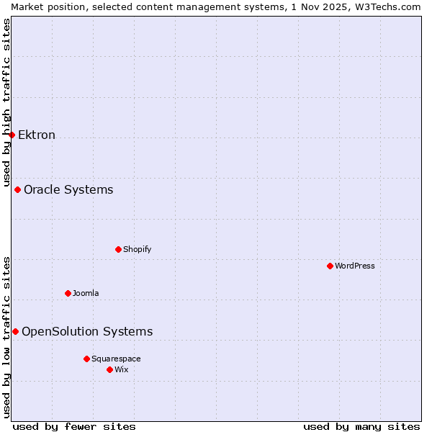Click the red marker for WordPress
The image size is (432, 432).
tap(330, 266)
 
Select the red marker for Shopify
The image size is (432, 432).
tap(118, 249)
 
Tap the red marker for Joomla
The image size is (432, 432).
tap(68, 293)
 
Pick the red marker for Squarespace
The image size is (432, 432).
tap(86, 359)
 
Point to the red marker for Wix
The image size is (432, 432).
tap(109, 369)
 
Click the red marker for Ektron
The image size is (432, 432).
tap(12, 135)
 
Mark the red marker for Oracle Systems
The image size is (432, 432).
tap(17, 189)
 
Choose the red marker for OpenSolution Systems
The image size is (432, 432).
tap(15, 331)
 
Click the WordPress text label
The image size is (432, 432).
tap(355, 266)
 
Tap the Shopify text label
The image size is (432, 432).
tap(137, 249)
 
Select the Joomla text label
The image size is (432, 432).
tap(86, 293)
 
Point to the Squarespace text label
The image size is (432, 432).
tap(116, 359)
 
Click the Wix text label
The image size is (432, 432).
tap(122, 369)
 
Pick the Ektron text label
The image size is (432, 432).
tap(37, 135)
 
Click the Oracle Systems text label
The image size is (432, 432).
tap(68, 189)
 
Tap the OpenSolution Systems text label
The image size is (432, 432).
tap(87, 331)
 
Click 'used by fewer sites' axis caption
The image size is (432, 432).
tap(74, 426)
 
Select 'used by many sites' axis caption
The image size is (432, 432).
tap(361, 426)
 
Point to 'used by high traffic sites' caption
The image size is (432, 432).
tap(6, 101)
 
